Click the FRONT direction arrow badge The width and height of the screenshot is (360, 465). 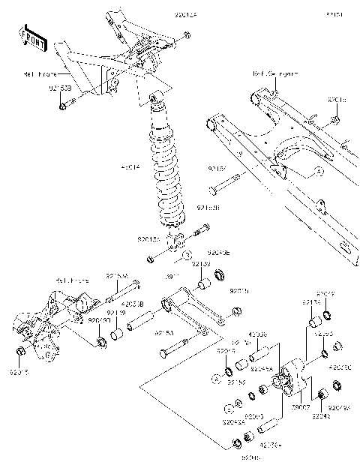coord(33,38)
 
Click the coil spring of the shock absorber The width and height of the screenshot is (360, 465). coord(164,172)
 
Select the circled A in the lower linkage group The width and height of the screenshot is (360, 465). coord(214,381)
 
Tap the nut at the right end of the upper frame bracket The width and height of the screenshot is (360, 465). coord(186,34)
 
